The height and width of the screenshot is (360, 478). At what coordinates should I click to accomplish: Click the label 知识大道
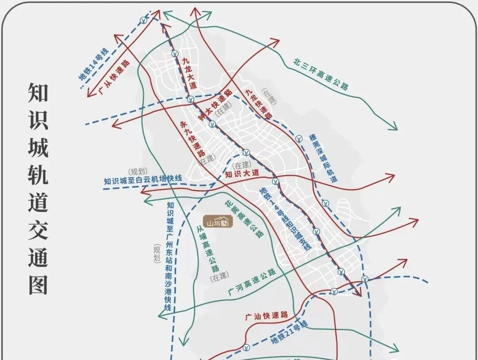[x=242, y=173]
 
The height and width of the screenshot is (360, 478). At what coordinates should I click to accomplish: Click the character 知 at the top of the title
[x=38, y=92]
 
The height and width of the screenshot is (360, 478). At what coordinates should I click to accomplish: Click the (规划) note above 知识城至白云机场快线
[x=137, y=171]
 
